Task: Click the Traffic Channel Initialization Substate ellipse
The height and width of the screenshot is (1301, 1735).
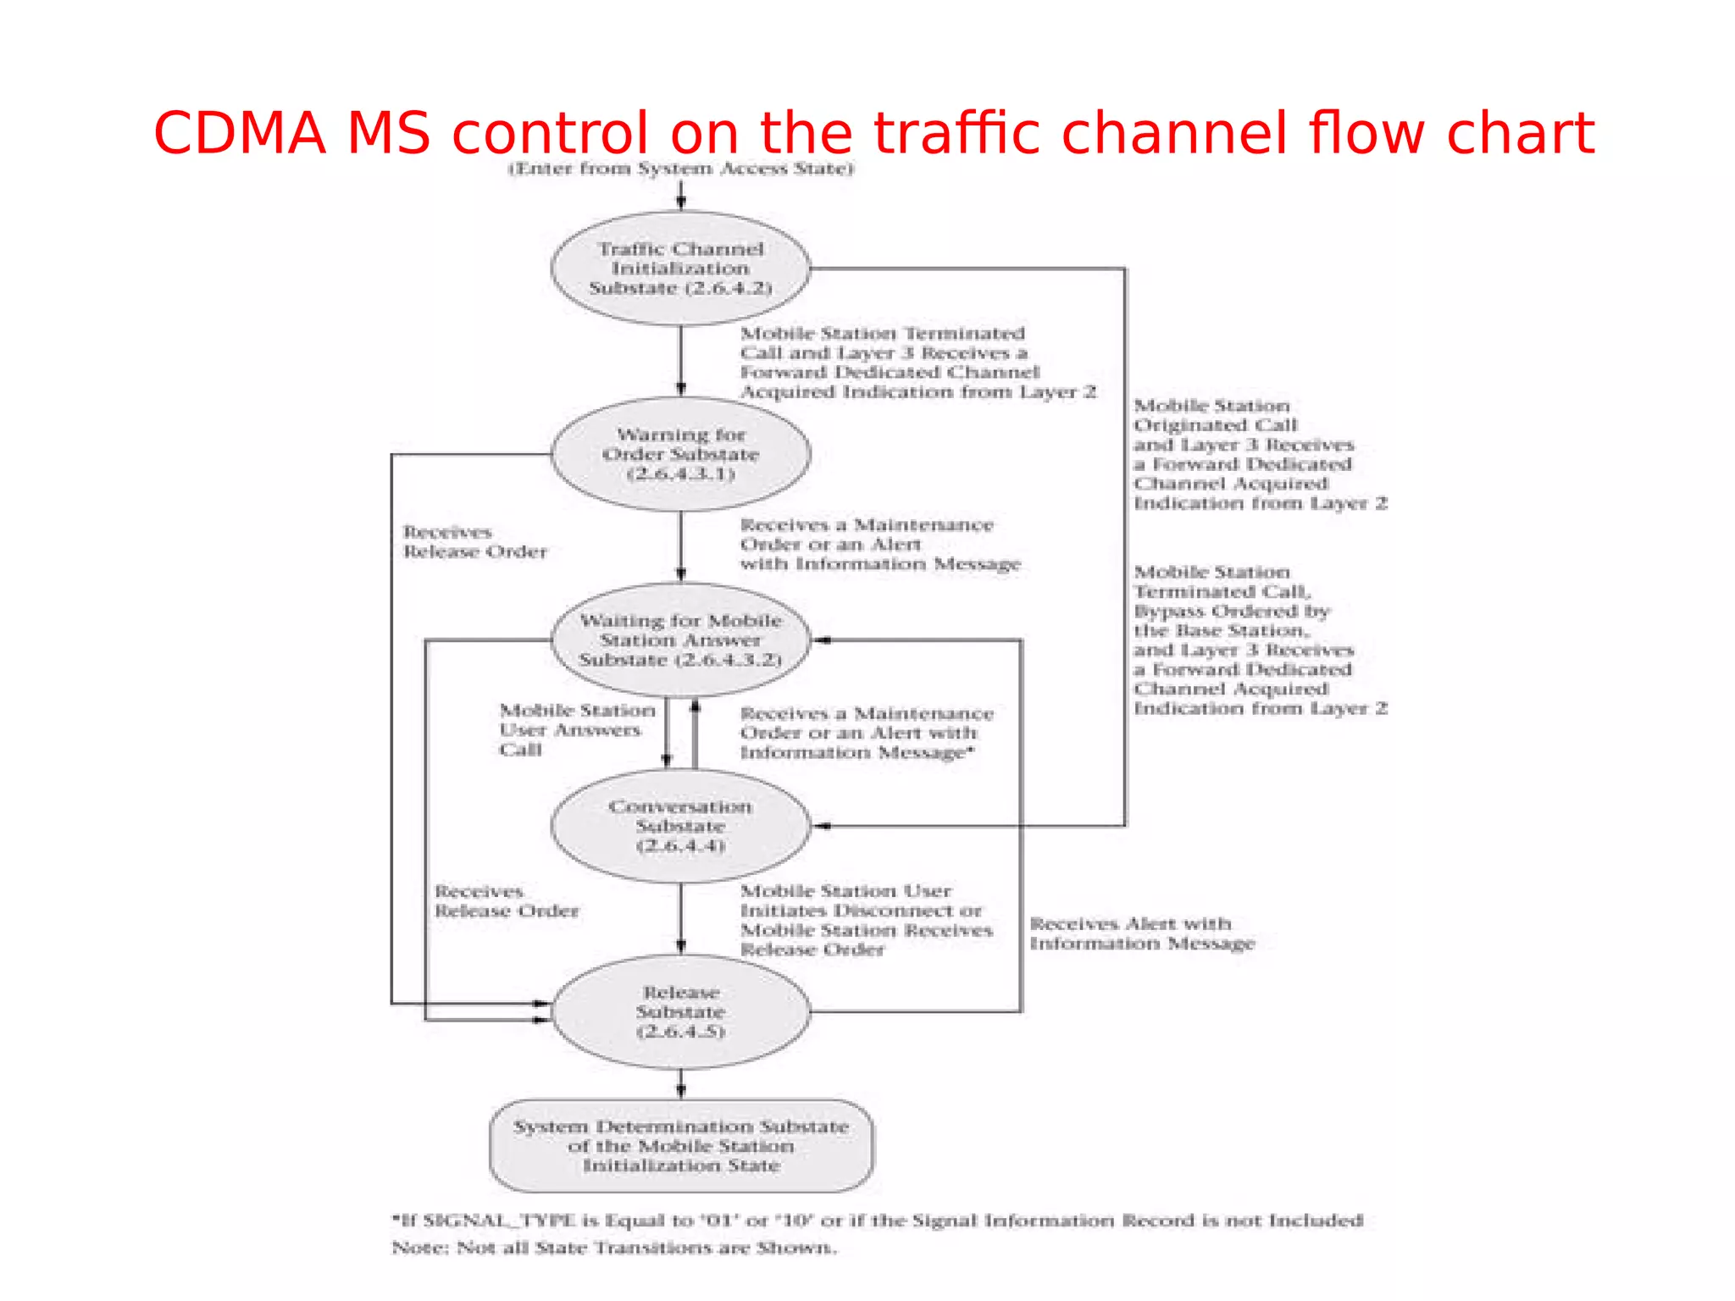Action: point(680,268)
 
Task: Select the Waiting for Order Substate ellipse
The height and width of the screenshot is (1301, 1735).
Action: point(680,454)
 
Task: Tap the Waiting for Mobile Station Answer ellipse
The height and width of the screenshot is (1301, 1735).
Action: point(680,640)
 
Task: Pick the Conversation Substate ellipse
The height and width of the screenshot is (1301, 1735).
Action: point(680,826)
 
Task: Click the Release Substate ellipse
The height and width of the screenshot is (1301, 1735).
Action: point(680,1011)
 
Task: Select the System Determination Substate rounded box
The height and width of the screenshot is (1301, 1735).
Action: point(680,1146)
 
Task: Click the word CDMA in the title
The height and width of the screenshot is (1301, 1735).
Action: point(240,134)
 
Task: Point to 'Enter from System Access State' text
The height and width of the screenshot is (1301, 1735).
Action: point(680,169)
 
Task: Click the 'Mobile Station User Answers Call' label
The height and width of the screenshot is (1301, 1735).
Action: point(576,729)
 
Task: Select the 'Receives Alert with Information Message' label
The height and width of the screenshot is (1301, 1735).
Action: point(1141,933)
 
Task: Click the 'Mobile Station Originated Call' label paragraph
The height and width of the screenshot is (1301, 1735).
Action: point(1259,454)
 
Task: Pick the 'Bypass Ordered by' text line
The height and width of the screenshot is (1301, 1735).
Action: point(1231,612)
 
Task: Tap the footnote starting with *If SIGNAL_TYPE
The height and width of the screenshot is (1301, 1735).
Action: point(877,1221)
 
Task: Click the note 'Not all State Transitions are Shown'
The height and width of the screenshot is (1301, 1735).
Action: point(613,1248)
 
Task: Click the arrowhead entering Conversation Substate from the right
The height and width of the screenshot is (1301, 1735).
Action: point(822,826)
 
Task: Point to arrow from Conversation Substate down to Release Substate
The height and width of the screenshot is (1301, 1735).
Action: point(681,920)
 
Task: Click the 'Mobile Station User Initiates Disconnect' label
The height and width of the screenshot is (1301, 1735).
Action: point(866,920)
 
